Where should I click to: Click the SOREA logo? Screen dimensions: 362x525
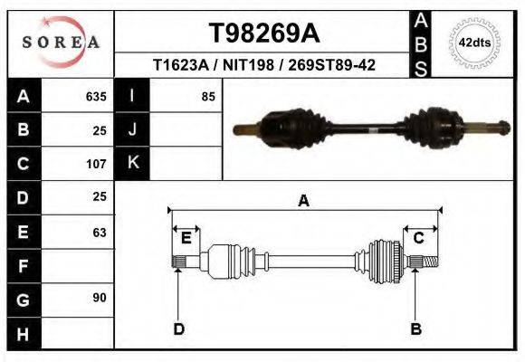click(61, 42)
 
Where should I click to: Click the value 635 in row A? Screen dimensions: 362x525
click(96, 96)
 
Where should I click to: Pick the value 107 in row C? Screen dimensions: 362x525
click(96, 165)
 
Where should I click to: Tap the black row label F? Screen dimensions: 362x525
click(23, 266)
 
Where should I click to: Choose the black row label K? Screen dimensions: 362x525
click(132, 163)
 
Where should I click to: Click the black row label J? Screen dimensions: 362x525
click(132, 129)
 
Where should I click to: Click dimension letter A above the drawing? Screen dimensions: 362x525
click(304, 201)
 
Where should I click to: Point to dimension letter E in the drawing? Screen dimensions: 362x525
click(186, 238)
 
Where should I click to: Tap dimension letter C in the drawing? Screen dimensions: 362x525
click(419, 238)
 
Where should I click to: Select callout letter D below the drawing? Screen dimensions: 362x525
click(178, 329)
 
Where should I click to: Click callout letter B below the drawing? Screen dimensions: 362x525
click(416, 329)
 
